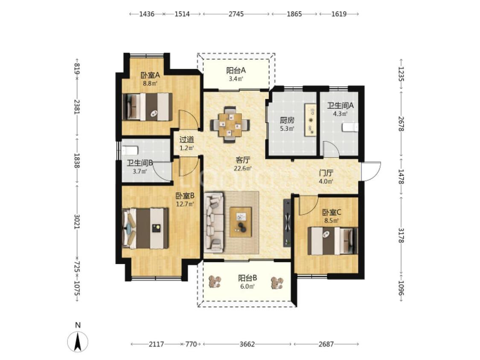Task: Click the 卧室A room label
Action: [150, 75]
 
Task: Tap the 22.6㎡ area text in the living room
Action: [243, 168]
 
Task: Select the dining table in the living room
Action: [230, 125]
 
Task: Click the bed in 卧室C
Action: [333, 241]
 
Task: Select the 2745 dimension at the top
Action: [236, 14]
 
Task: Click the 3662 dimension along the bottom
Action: [247, 344]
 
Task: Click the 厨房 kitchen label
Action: [287, 120]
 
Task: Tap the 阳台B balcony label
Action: [247, 278]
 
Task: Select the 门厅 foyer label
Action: [326, 173]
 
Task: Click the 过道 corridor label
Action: [187, 140]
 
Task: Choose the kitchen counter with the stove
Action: [310, 120]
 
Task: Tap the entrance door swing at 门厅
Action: [371, 171]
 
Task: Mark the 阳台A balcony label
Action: [236, 71]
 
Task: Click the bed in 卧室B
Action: [145, 228]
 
